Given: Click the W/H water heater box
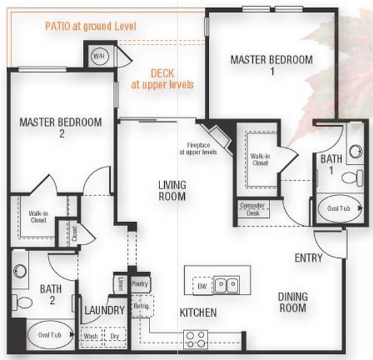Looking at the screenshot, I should point(99,55).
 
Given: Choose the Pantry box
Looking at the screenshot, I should point(140,283).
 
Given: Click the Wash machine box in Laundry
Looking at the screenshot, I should point(91,337).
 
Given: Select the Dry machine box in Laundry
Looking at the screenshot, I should point(114,337).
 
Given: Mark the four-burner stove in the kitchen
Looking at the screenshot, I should point(196,338).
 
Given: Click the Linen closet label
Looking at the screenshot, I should point(120,283).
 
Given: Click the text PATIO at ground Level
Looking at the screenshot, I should point(91,27).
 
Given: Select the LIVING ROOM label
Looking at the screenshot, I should point(172,190).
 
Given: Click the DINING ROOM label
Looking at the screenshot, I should point(293,302).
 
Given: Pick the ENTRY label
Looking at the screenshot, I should point(308,258).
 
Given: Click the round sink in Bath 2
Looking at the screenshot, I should point(21,271).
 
